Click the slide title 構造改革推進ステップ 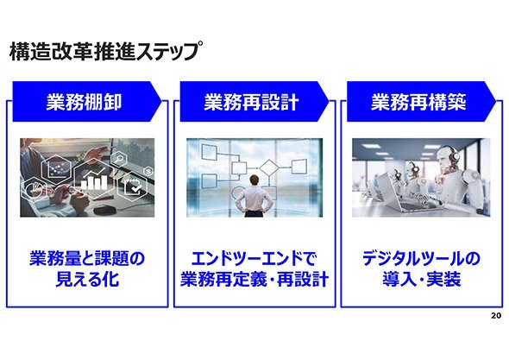(104, 51)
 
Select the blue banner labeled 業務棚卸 (86, 102)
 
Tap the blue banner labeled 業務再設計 (255, 102)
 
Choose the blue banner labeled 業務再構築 (421, 102)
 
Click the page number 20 (496, 315)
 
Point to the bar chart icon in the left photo (94, 179)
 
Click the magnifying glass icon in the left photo (119, 160)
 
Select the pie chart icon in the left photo (34, 189)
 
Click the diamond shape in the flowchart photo (268, 167)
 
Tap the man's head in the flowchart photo (255, 180)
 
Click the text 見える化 (87, 280)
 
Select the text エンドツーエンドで (254, 259)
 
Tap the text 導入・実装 (421, 280)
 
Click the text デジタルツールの (421, 259)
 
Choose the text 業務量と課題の (87, 259)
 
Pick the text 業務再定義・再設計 (255, 280)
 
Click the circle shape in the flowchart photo (239, 193)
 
